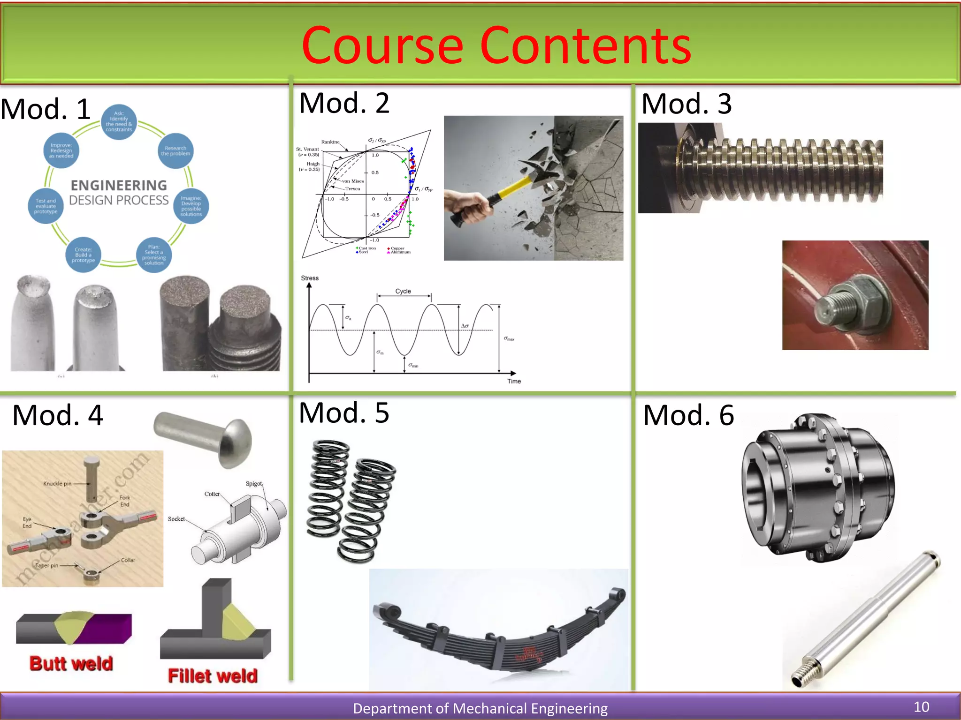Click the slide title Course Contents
tap(496, 45)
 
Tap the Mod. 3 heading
tap(686, 104)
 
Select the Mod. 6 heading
tap(688, 415)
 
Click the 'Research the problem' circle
tap(175, 151)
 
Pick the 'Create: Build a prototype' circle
tap(84, 255)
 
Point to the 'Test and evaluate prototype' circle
tap(46, 206)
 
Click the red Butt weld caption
tap(71, 664)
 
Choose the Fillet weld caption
tap(213, 676)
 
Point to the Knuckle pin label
tap(57, 483)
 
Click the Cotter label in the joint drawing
tap(212, 494)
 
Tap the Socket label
tap(176, 519)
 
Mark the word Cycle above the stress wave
tap(403, 291)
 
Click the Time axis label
tap(514, 382)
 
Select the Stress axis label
tap(310, 278)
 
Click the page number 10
tap(921, 707)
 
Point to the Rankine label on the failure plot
tap(330, 142)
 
